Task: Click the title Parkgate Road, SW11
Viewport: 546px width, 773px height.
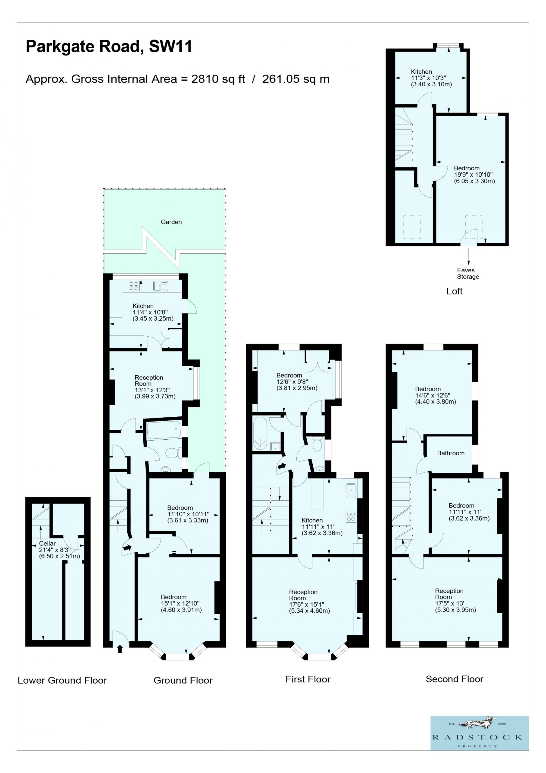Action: pyautogui.click(x=109, y=47)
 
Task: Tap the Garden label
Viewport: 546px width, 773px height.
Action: pyautogui.click(x=171, y=222)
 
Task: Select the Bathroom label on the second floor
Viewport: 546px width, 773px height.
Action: pyautogui.click(x=450, y=453)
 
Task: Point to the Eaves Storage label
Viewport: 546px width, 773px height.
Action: pyautogui.click(x=468, y=273)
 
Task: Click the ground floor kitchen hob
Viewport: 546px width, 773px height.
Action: pyautogui.click(x=134, y=286)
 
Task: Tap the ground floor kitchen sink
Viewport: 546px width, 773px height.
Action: pyautogui.click(x=161, y=286)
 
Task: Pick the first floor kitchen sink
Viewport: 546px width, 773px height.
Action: pyautogui.click(x=351, y=490)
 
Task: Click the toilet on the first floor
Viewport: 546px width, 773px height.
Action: pyautogui.click(x=317, y=444)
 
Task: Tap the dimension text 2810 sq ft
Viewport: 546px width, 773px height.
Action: pyautogui.click(x=218, y=79)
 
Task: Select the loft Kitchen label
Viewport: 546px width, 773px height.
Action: pyautogui.click(x=421, y=72)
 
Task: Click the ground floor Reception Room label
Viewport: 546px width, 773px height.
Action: pyautogui.click(x=148, y=380)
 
